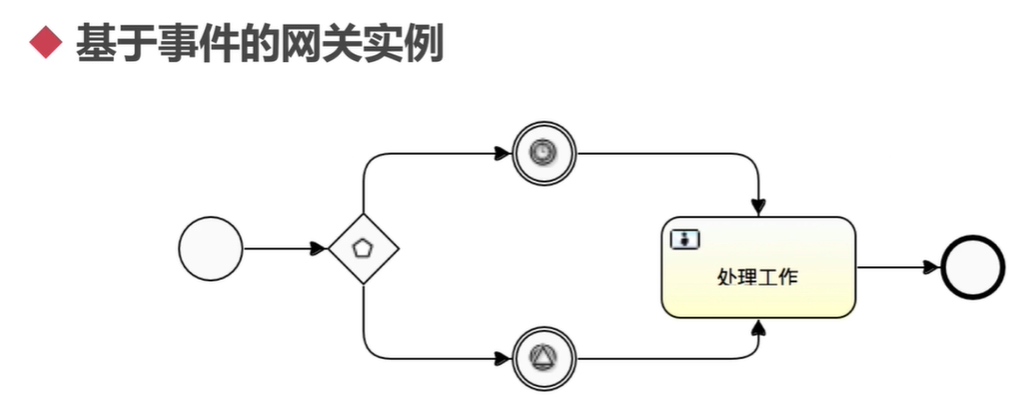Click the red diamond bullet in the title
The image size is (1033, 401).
click(46, 44)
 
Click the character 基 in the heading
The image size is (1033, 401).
click(95, 44)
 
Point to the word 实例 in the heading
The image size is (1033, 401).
click(409, 44)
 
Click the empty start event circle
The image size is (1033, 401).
click(211, 249)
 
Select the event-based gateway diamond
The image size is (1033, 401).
click(363, 249)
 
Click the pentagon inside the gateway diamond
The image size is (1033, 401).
click(363, 249)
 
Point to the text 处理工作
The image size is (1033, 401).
click(758, 278)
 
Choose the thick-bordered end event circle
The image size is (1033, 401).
click(973, 267)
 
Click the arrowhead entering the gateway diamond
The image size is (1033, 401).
click(319, 249)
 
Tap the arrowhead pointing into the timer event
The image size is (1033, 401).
click(503, 153)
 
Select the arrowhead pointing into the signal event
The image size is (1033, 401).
click(503, 359)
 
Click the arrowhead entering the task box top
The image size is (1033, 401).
click(759, 208)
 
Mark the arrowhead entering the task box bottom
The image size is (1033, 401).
click(759, 327)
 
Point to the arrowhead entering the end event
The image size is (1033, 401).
click(932, 267)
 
